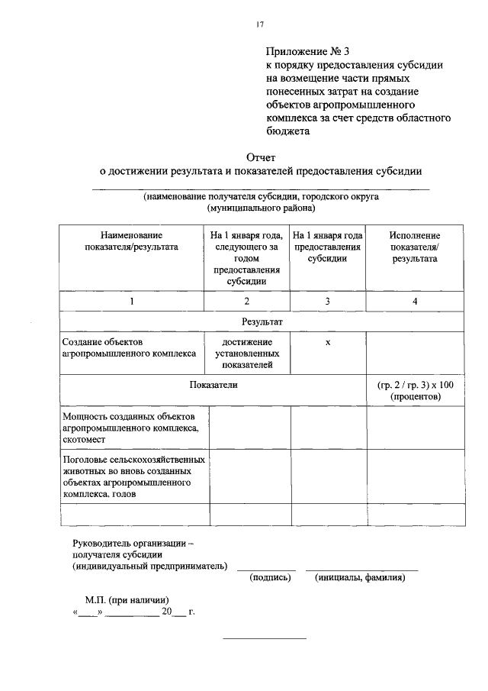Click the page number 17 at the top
[259, 26]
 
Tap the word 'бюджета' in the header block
[287, 131]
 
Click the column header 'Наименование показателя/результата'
[131, 241]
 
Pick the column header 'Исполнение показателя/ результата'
[415, 247]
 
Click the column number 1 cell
[131, 302]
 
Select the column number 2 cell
[246, 302]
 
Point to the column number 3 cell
[328, 302]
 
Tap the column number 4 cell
[415, 302]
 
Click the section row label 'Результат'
[262, 323]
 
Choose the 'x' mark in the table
[328, 342]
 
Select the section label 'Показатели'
[213, 386]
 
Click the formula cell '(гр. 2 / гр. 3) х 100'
[415, 391]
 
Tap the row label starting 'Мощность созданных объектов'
[130, 428]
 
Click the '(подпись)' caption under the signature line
[271, 578]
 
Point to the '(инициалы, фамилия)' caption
[360, 578]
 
